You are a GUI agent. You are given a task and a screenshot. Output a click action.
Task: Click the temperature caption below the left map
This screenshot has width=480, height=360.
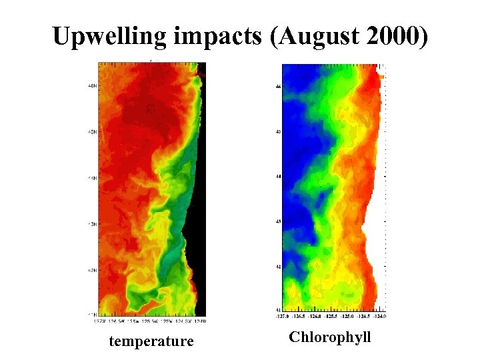[x=151, y=342]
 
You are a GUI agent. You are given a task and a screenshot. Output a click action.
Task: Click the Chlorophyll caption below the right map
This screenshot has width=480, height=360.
[x=329, y=337]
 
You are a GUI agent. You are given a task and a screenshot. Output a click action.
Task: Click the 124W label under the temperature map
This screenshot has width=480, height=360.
[x=200, y=321]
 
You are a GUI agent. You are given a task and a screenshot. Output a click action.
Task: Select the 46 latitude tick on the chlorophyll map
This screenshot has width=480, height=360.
[x=278, y=87]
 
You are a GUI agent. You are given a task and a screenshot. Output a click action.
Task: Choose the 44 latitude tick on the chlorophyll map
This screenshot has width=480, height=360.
[x=278, y=177]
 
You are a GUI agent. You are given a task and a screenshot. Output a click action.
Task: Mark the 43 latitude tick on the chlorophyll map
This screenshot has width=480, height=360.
[x=278, y=221]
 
